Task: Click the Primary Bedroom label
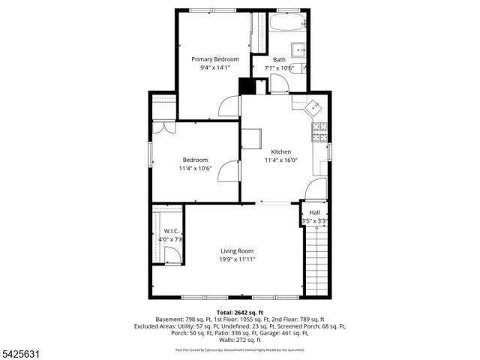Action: [215, 59]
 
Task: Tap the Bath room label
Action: [279, 60]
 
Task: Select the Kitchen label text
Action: [281, 151]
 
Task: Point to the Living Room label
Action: [237, 250]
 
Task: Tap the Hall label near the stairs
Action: [314, 213]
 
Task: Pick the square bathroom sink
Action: [298, 50]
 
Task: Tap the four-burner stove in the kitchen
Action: [318, 132]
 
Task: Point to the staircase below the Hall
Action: [316, 259]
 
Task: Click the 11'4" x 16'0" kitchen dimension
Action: [281, 160]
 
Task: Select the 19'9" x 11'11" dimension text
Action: [237, 259]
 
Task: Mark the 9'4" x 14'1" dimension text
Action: [215, 67]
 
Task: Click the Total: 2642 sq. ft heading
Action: [239, 312]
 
